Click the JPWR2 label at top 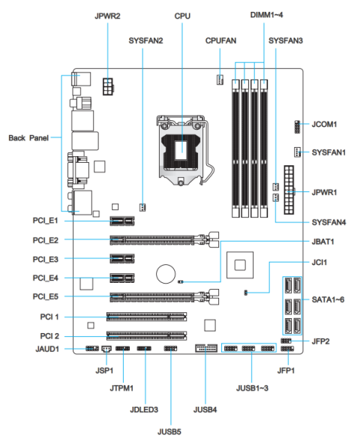[x=108, y=15]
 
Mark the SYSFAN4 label [x=328, y=223]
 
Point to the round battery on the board [x=166, y=274]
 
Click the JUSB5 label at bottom [x=169, y=432]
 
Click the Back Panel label [x=29, y=138]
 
